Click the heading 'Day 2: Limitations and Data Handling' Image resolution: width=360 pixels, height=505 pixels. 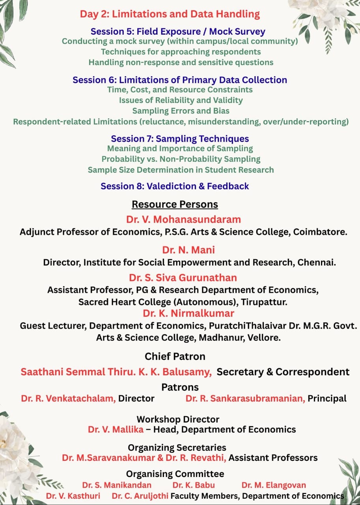(170, 14)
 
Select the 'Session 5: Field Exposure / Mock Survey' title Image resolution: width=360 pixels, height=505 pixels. (178, 32)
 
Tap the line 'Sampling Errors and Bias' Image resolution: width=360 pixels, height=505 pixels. (181, 111)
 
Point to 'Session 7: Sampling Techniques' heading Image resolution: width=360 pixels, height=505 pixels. (180, 139)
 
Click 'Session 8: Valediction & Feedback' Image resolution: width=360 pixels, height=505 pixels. (175, 186)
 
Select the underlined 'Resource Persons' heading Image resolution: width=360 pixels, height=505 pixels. (175, 204)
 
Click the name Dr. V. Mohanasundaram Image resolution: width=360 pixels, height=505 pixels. (183, 219)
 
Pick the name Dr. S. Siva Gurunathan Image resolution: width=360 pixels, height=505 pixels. (183, 278)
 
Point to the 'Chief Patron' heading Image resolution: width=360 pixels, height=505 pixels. (175, 357)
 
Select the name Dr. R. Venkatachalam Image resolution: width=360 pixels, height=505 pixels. (68, 398)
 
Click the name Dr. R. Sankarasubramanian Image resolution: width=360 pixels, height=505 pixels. (245, 398)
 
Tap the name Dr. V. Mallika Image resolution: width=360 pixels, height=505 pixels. (116, 429)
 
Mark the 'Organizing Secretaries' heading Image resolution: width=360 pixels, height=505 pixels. (177, 448)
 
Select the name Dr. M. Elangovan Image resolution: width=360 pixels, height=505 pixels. (274, 485)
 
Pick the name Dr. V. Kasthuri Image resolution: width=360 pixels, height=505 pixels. (73, 496)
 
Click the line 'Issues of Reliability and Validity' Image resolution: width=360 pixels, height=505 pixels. (181, 100)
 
